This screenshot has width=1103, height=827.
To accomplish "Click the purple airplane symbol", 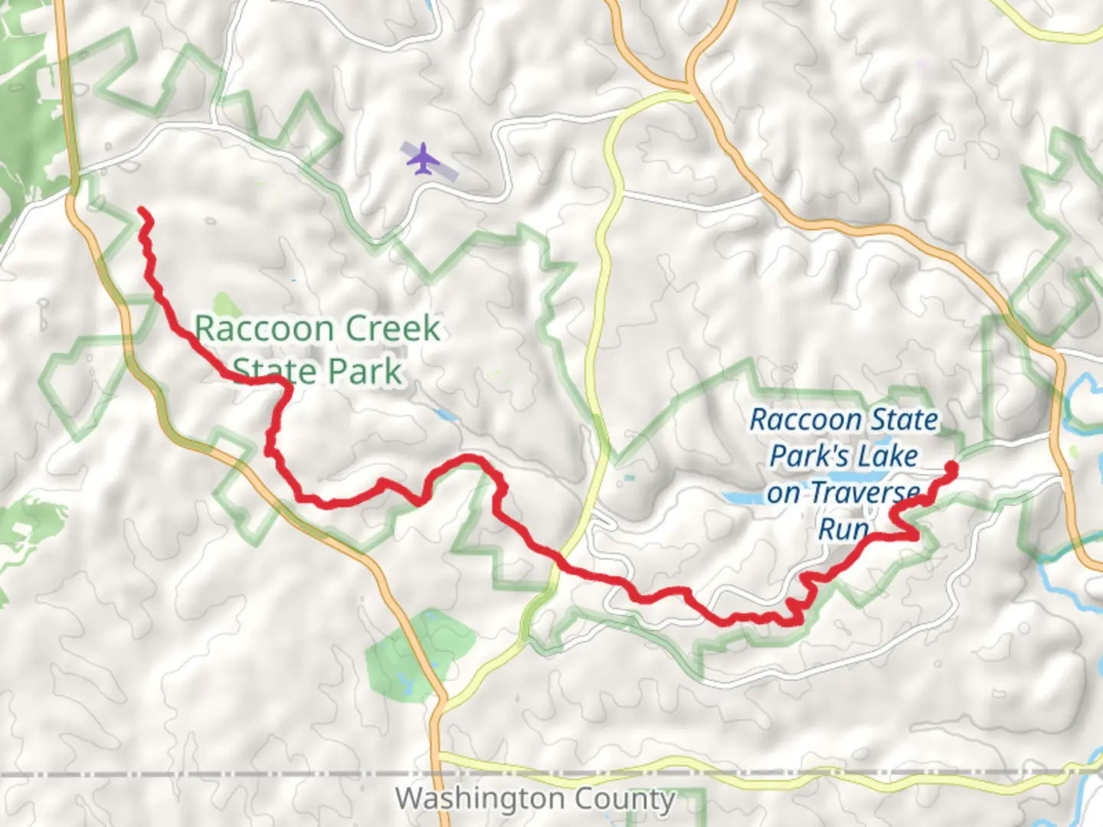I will [422, 159].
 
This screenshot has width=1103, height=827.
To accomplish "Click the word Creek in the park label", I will [393, 329].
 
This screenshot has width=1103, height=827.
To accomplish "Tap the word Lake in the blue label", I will [887, 456].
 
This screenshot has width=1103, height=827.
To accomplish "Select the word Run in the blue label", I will [843, 528].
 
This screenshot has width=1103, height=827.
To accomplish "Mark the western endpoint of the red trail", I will [142, 211].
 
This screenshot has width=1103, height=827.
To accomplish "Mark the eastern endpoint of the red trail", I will [951, 466].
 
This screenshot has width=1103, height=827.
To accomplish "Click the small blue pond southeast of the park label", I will [444, 415].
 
